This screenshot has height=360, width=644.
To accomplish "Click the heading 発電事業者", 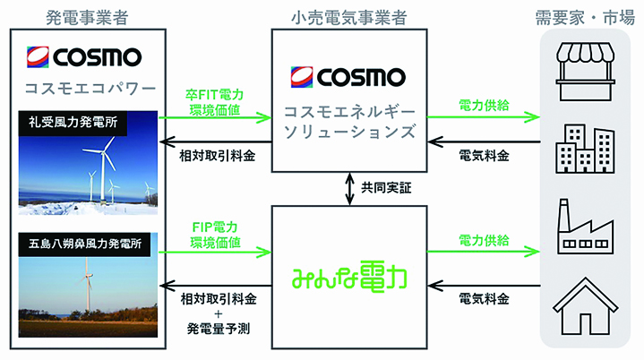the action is [x=87, y=18].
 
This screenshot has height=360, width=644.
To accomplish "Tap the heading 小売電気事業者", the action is [x=348, y=18].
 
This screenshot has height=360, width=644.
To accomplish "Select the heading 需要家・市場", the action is [x=585, y=18].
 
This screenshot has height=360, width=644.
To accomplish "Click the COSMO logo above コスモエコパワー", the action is [x=84, y=56].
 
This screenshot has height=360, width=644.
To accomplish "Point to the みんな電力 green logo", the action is [x=349, y=277].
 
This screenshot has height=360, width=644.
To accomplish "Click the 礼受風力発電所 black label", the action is [x=73, y=123].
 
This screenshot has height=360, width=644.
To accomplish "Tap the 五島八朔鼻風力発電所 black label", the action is [x=84, y=244].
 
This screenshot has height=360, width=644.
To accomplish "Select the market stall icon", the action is [x=585, y=72].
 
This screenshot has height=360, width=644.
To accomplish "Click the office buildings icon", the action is [x=585, y=149].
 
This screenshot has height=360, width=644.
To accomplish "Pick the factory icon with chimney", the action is [x=585, y=227].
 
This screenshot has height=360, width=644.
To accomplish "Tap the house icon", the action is [x=585, y=306].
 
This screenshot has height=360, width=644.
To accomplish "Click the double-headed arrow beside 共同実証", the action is [x=349, y=189].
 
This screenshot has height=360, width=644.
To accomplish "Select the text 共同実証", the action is [x=386, y=188].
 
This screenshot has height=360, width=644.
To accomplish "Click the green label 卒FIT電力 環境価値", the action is [x=214, y=103].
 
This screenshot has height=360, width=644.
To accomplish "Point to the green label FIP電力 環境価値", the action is [x=215, y=235].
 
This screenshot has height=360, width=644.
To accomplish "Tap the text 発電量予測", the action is [x=218, y=329].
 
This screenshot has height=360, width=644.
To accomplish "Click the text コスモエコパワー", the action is [x=90, y=89].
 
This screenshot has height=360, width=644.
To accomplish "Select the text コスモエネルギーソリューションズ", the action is [x=349, y=122].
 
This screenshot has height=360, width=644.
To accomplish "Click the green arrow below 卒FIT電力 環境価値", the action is [x=215, y=118].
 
